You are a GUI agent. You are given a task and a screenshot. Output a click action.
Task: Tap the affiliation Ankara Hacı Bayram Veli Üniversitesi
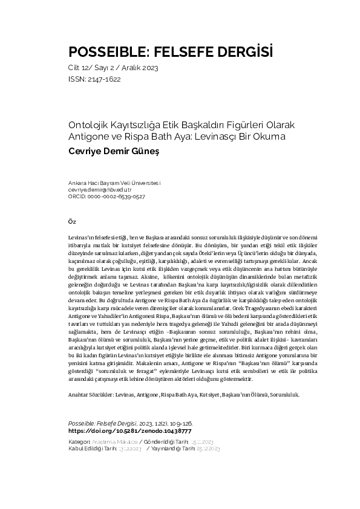pyautogui.click(x=114, y=183)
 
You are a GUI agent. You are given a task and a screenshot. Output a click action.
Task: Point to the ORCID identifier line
pyautogui.click(x=106, y=196)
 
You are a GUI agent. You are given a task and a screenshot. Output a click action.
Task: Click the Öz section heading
pyautogui.click(x=71, y=221)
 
